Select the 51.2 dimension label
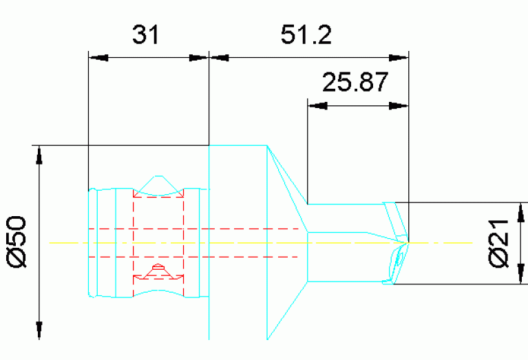pyautogui.click(x=306, y=35)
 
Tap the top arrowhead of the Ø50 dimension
pyautogui.click(x=40, y=155)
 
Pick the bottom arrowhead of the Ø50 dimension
pyautogui.click(x=40, y=330)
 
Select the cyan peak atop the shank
pyautogui.click(x=159, y=178)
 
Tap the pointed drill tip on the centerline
pyautogui.click(x=408, y=242)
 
